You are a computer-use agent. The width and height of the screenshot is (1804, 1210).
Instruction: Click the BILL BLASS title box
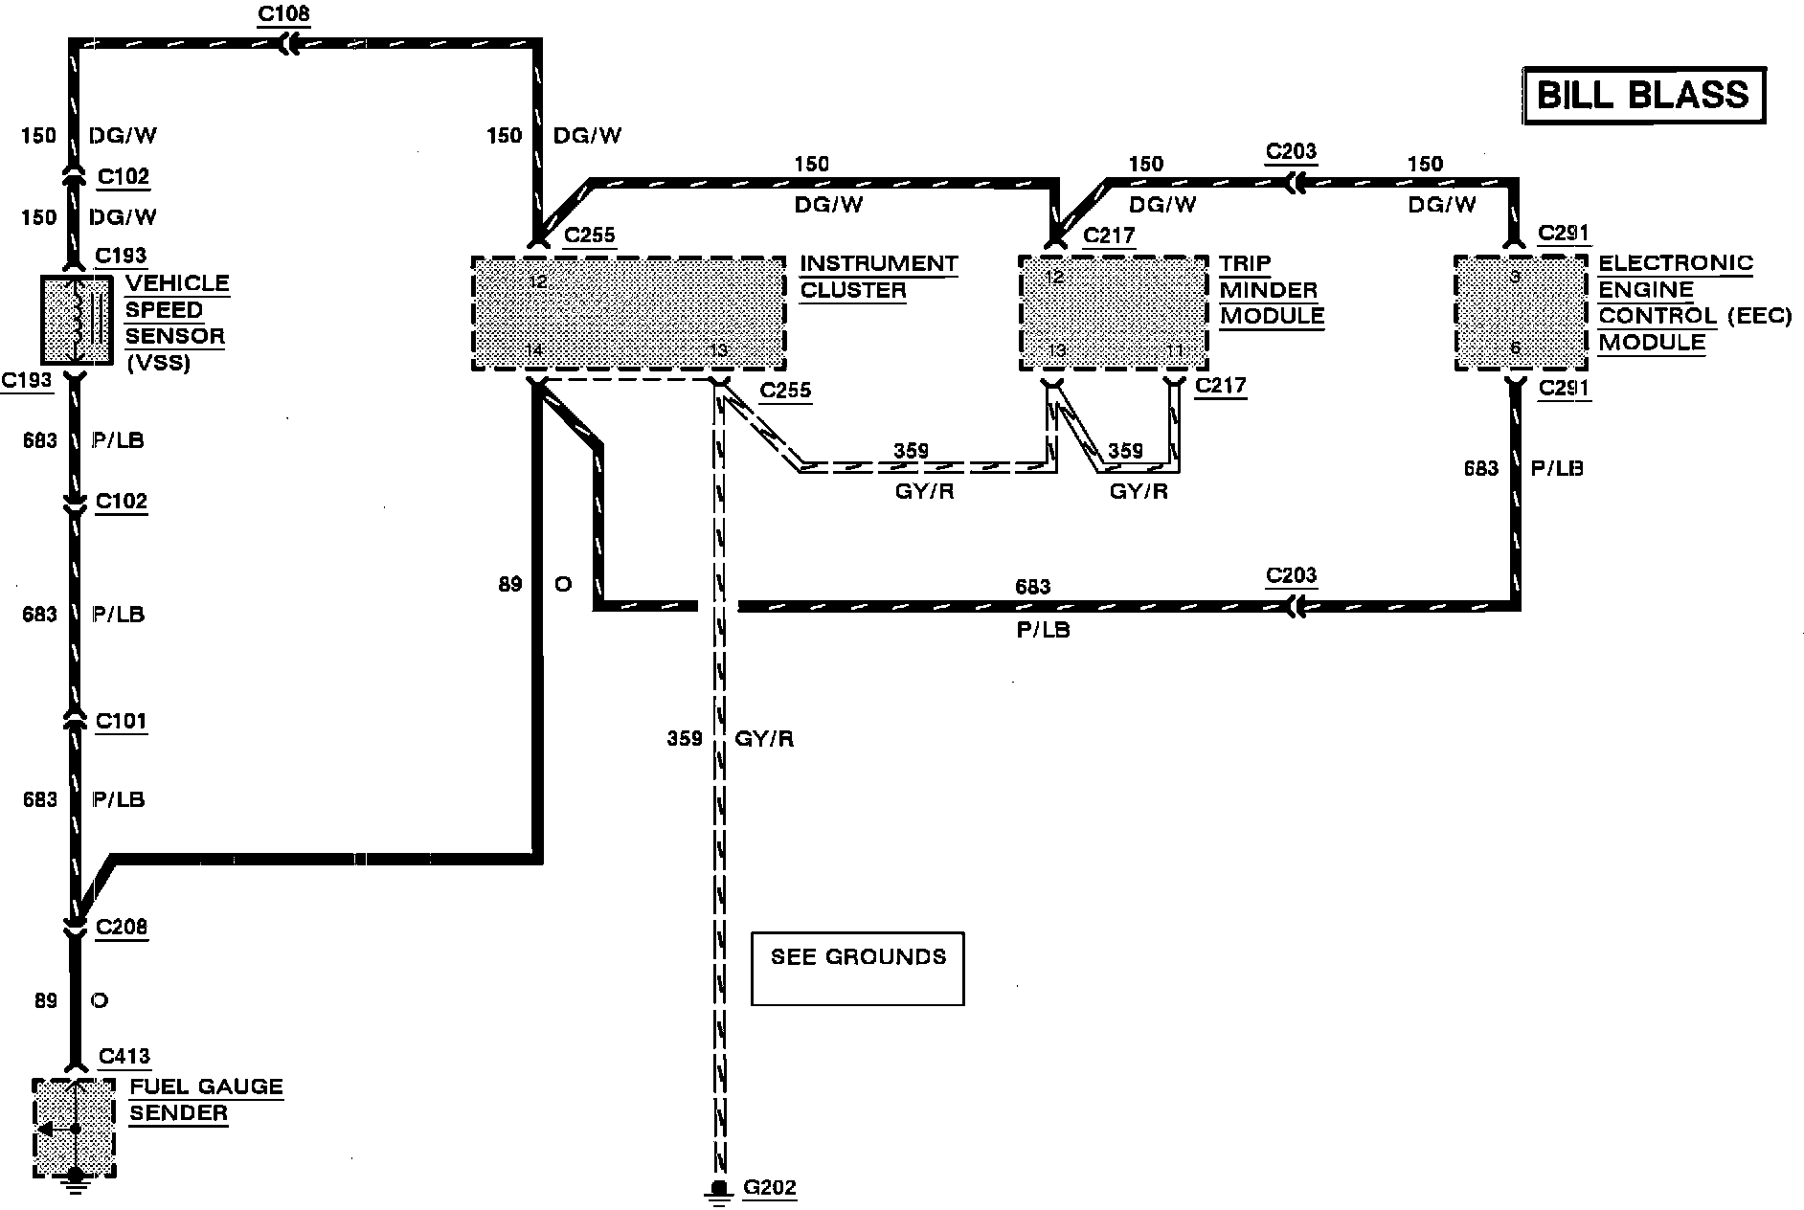pyautogui.click(x=1643, y=95)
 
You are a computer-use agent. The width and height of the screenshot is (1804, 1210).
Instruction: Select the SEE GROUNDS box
pyautogui.click(x=857, y=968)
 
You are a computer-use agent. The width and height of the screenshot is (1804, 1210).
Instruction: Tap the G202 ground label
pyautogui.click(x=770, y=1188)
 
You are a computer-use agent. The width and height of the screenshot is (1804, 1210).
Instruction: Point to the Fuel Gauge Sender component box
pyautogui.click(x=74, y=1128)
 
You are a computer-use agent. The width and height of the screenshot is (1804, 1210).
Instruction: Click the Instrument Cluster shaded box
pyautogui.click(x=628, y=313)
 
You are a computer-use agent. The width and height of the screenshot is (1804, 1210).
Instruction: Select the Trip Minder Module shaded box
pyautogui.click(x=1113, y=313)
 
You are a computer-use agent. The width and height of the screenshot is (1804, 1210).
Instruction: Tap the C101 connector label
pyautogui.click(x=122, y=720)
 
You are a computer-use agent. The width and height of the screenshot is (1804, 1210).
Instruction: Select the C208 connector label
pyautogui.click(x=122, y=927)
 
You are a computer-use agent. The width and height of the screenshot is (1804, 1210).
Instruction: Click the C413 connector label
pyautogui.click(x=124, y=1056)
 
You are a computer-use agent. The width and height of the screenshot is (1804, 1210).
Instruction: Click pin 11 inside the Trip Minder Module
pyautogui.click(x=1175, y=351)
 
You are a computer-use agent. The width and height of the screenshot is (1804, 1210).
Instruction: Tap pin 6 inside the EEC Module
pyautogui.click(x=1515, y=348)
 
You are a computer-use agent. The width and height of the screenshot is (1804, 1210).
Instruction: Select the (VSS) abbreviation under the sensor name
pyautogui.click(x=158, y=363)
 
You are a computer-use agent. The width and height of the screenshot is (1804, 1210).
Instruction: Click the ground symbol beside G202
pyautogui.click(x=716, y=1190)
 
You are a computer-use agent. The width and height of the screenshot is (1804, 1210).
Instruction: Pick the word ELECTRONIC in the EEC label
pyautogui.click(x=1676, y=263)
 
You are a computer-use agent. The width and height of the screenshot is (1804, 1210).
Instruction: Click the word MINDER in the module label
pyautogui.click(x=1269, y=289)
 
